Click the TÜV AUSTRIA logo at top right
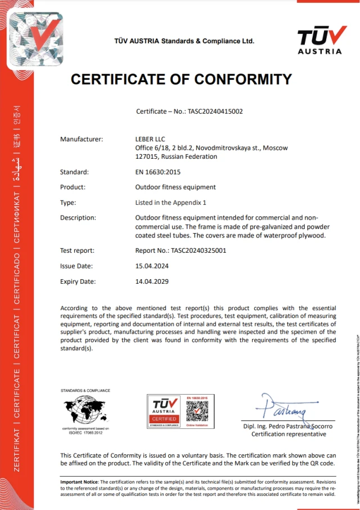319,40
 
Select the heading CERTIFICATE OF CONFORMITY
181,79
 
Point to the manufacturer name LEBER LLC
150,139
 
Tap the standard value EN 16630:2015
158,172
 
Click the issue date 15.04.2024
152,266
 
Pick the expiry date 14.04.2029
152,281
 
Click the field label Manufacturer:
82,139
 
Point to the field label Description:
78,217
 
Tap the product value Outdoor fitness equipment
175,187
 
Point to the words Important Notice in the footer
79,482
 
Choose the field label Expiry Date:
78,281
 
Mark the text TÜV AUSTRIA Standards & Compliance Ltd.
184,41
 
